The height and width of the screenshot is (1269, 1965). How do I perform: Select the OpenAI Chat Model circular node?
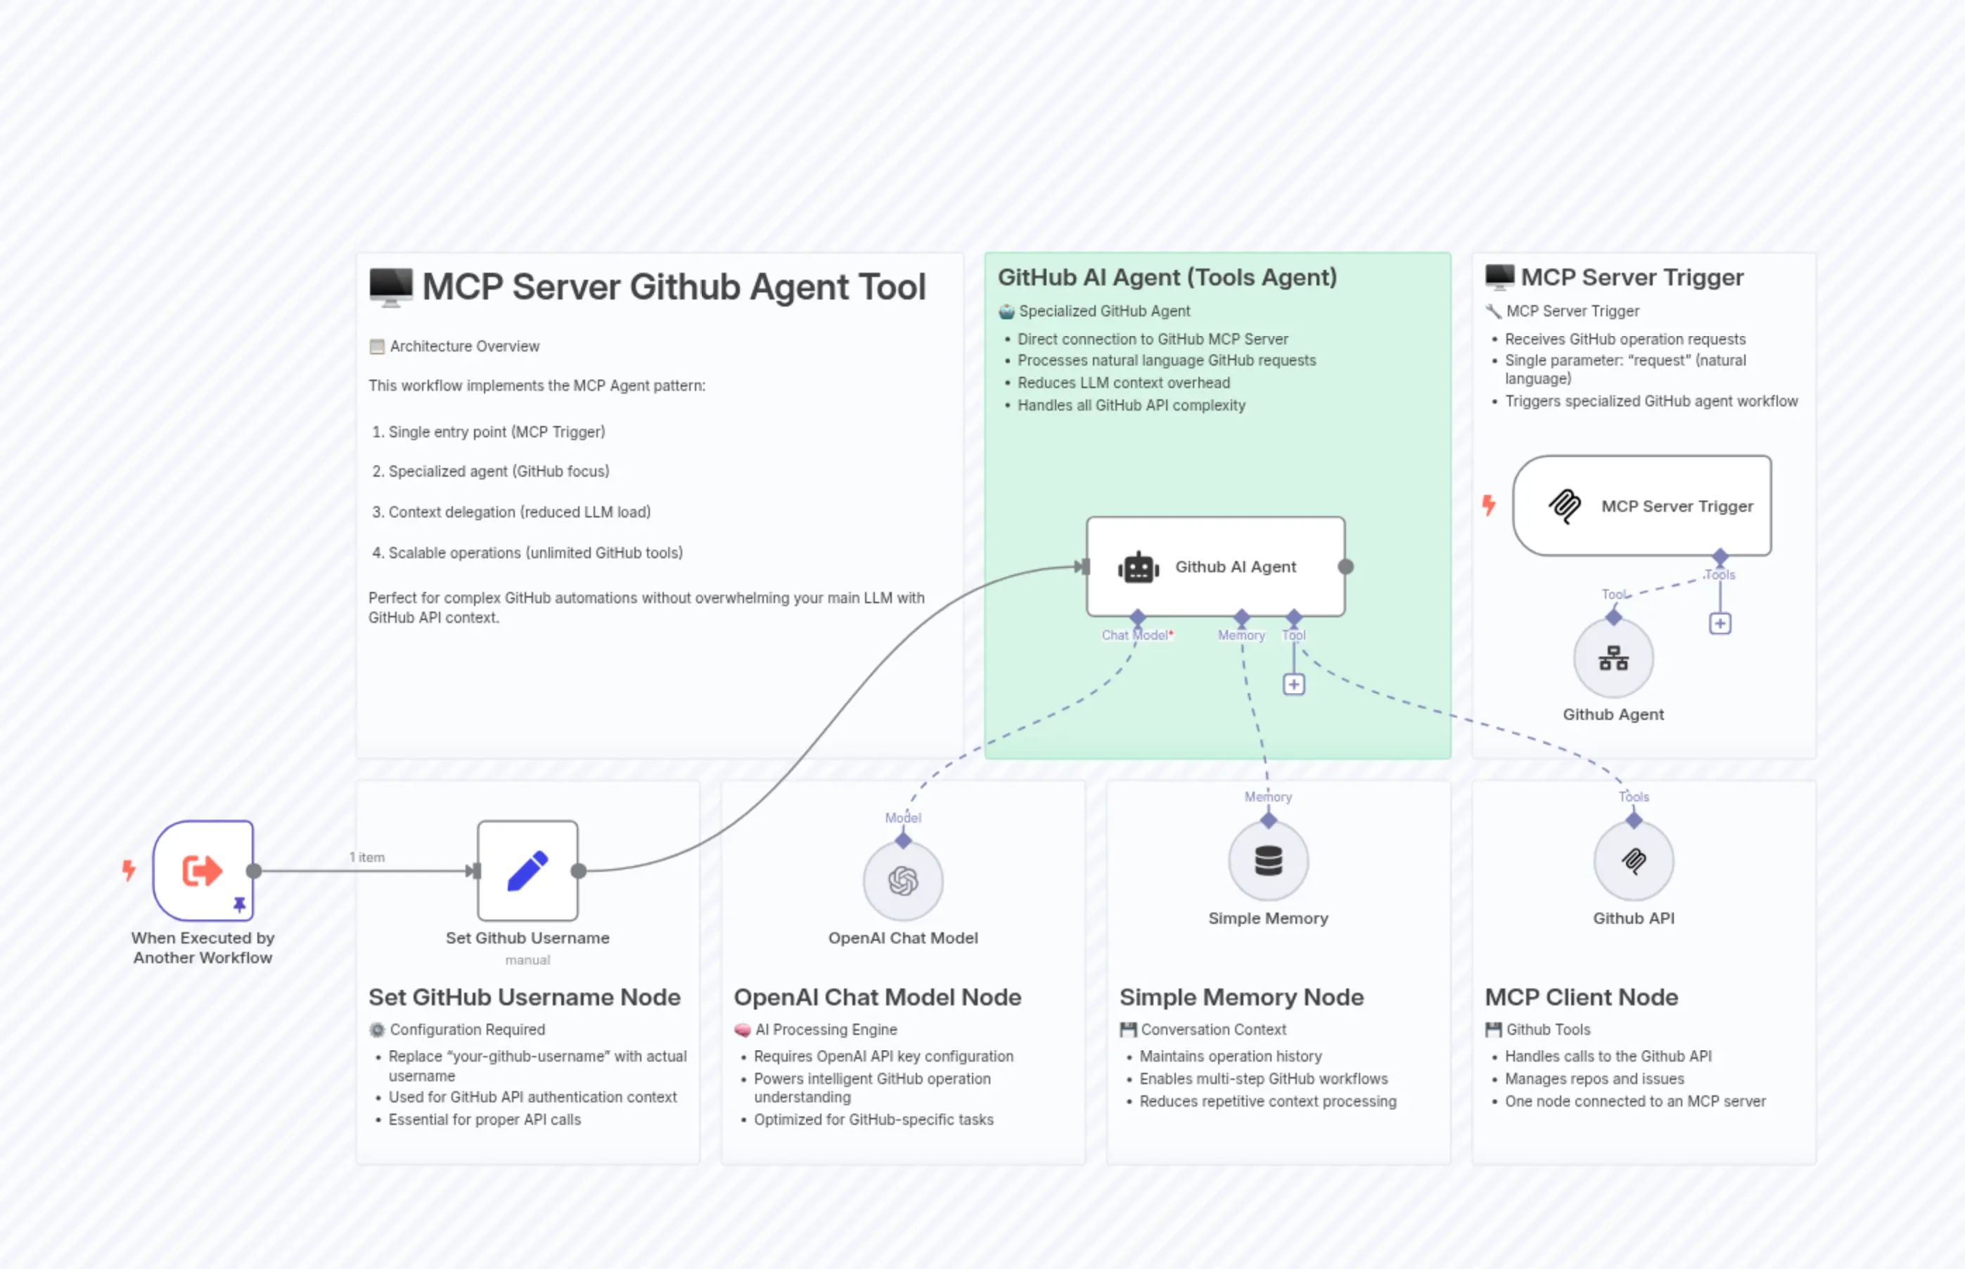click(902, 881)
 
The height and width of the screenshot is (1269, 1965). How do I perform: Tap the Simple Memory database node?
click(1268, 861)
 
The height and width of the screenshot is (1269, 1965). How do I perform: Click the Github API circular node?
click(1633, 861)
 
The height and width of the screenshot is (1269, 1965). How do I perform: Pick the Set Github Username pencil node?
click(527, 870)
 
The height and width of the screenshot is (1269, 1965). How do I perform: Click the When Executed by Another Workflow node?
click(203, 870)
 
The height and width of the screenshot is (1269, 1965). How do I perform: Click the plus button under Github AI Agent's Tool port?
click(1293, 685)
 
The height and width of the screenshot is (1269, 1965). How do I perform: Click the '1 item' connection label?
click(367, 858)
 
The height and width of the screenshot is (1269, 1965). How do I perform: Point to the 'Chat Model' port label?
click(1135, 636)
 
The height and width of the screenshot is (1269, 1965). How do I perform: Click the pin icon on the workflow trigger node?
click(239, 905)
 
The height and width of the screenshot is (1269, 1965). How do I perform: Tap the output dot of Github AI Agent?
click(1345, 567)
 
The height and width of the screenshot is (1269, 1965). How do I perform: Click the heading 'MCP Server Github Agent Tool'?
click(674, 287)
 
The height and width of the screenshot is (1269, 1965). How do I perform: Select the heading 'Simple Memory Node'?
click(1241, 997)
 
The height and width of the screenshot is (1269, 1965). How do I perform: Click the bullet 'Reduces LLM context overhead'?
click(1122, 383)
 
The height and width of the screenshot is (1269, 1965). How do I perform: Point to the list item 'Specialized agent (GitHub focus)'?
click(499, 471)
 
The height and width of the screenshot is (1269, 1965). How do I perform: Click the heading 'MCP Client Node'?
click(1581, 997)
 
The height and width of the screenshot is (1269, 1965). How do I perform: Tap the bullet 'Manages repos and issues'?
click(1594, 1078)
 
